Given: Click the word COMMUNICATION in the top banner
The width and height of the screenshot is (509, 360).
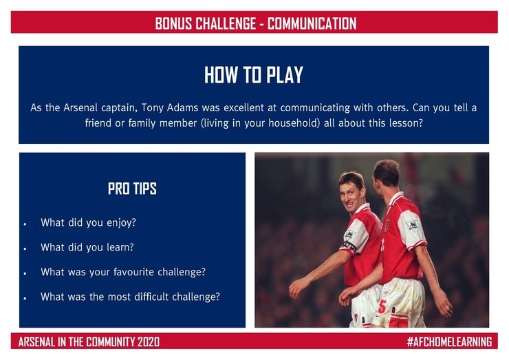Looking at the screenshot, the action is coord(312,23).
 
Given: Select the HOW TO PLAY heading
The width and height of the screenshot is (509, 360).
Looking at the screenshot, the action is coord(254,75).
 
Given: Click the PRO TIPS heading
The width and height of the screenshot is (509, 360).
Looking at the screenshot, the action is coord(132,189).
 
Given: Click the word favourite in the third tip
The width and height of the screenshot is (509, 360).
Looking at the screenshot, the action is coord(133,272).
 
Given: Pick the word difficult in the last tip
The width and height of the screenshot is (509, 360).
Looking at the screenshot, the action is coord(151,297).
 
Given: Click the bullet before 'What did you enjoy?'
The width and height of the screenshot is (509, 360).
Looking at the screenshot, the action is coord(25,224).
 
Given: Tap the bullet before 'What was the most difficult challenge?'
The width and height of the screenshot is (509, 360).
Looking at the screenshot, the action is coord(25,298).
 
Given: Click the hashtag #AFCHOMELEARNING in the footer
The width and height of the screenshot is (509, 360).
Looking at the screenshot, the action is coord(450,342).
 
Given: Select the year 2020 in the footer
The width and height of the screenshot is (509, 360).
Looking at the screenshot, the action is coord(149,342).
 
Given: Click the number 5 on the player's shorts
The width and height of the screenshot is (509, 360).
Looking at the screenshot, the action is coord(382,306).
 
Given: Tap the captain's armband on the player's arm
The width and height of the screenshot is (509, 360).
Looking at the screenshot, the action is coord(349,246).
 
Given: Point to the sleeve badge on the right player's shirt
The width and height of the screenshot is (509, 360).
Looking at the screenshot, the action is coord(412,224).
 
